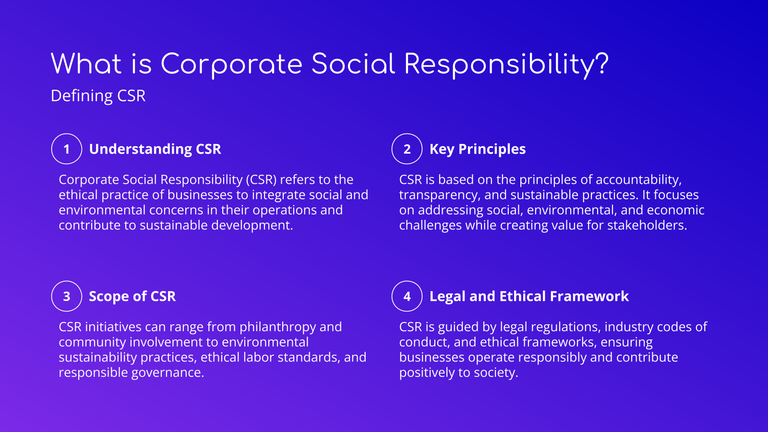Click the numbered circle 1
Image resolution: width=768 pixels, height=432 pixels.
tap(67, 149)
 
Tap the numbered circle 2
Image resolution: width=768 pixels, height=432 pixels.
tap(407, 149)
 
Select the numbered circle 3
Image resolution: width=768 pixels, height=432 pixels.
tap(67, 296)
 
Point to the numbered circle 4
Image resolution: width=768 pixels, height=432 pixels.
tap(407, 296)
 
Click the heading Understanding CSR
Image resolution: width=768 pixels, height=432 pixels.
tap(155, 149)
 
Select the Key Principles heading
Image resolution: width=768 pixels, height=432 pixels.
tap(478, 149)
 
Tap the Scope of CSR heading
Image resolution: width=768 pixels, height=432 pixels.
tap(132, 296)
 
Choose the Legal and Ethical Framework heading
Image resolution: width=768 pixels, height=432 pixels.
tap(529, 296)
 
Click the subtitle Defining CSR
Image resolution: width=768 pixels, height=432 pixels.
tap(98, 96)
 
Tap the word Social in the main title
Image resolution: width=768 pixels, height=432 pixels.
tap(353, 64)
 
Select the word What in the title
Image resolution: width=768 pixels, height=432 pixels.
tap(86, 64)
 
